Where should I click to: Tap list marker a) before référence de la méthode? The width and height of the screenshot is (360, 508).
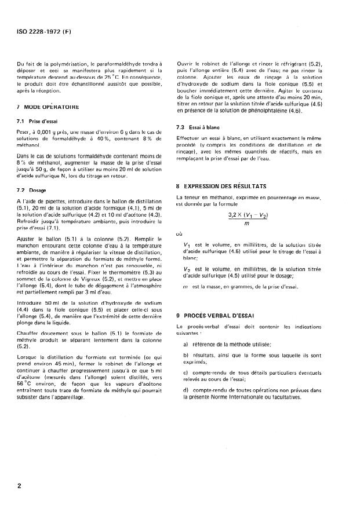click(x=186, y=343)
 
